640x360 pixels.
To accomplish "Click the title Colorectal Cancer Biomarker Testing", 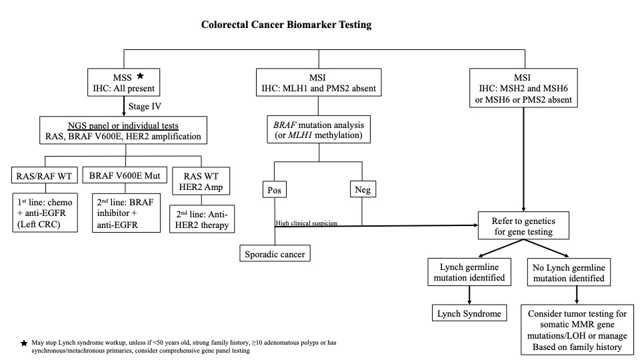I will click(x=286, y=25).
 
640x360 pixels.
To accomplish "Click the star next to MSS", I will click(x=141, y=76).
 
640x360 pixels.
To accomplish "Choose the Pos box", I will click(x=275, y=190).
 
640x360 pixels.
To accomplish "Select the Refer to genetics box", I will click(x=523, y=225).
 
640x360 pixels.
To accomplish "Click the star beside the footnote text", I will click(x=24, y=343).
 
